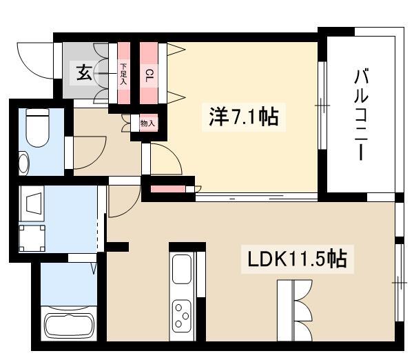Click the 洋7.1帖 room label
point(244,117)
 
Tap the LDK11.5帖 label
point(298,259)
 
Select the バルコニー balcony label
point(361,114)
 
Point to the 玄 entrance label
point(84,72)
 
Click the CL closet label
point(149,75)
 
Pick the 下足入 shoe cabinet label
point(123,74)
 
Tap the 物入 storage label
point(148,123)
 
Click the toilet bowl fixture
point(37,128)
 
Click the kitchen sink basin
point(182,270)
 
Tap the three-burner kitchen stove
point(182,316)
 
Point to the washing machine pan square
point(32,238)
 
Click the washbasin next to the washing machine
point(34,203)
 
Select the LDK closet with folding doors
point(295,310)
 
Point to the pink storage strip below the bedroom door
point(168,189)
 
